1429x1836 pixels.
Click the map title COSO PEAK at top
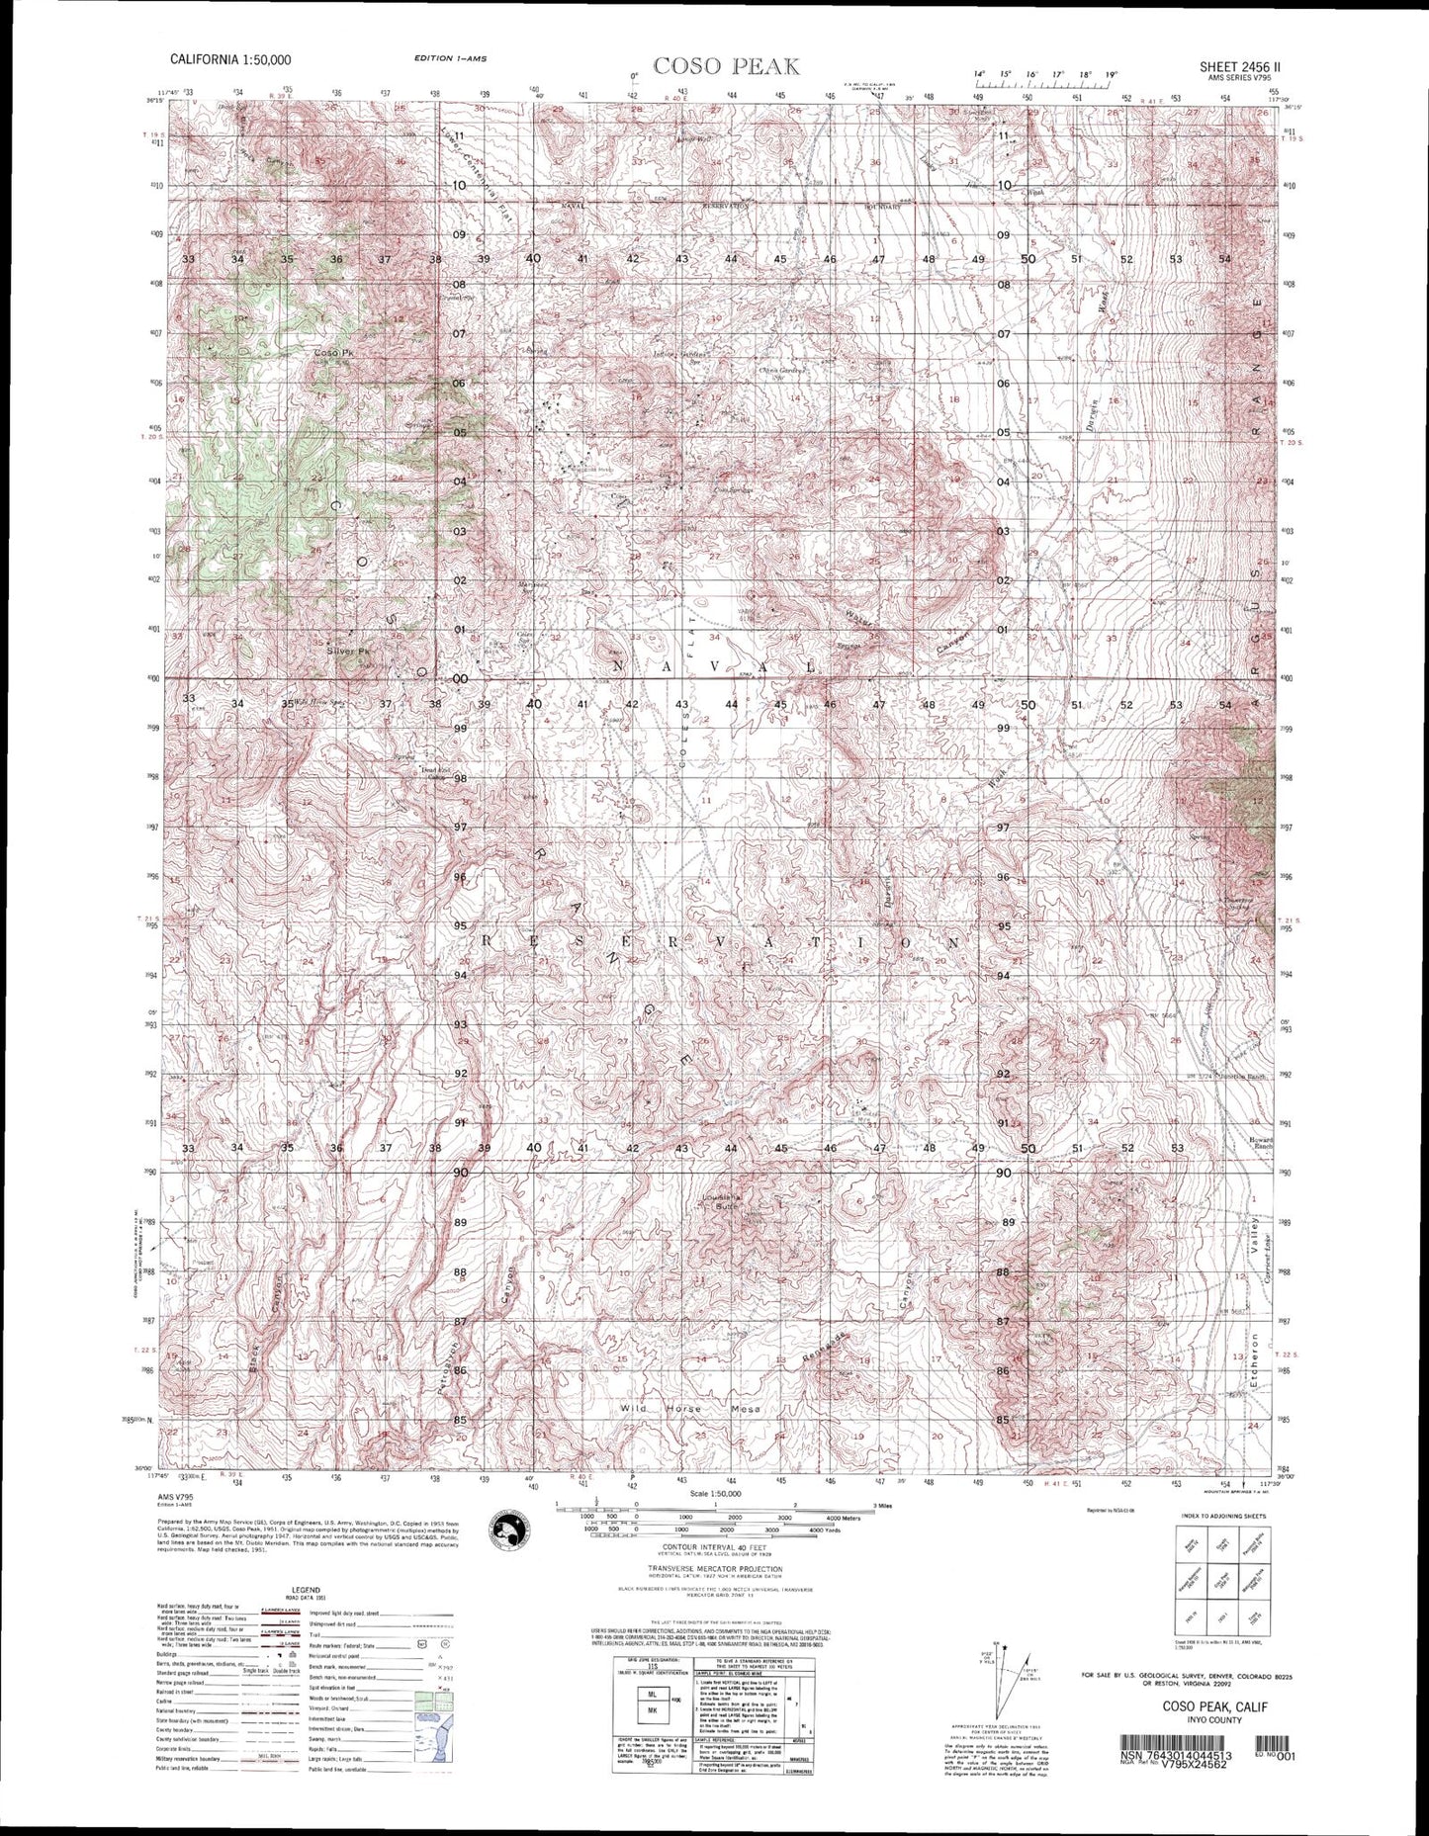[x=726, y=66]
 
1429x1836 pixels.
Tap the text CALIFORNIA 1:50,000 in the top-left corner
[x=230, y=59]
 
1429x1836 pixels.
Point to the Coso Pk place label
[x=332, y=353]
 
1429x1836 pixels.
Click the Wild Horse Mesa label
[x=687, y=1408]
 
